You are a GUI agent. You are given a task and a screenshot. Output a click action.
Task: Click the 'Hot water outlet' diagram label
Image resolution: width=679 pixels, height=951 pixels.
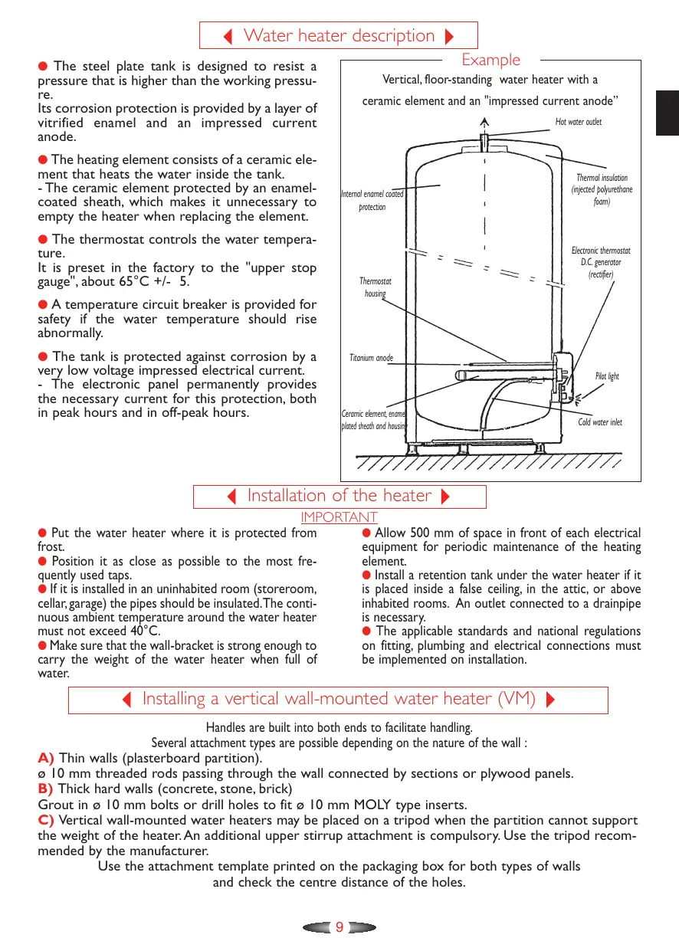click(578, 122)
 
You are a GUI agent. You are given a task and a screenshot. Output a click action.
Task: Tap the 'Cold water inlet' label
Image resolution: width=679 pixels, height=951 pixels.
click(599, 422)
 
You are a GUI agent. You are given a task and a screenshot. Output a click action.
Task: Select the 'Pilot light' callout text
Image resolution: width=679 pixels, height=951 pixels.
click(606, 376)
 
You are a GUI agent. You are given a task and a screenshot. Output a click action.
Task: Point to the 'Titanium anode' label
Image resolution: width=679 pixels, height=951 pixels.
click(371, 358)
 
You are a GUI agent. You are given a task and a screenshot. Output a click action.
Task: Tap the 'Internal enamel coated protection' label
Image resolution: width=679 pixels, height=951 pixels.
click(372, 201)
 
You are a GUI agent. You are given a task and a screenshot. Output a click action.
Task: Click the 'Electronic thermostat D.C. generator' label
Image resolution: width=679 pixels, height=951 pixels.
click(601, 262)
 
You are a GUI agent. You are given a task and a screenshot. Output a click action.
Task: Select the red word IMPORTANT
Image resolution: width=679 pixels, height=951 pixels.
click(339, 517)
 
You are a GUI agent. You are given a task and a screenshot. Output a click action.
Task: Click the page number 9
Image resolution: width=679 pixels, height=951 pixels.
click(339, 927)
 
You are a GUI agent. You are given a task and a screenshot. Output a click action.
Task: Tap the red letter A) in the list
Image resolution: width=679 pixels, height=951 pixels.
click(46, 758)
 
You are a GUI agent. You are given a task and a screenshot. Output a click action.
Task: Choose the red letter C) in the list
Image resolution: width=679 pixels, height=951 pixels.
click(46, 821)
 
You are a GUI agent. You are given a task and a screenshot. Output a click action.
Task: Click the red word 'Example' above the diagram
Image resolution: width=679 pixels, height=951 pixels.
click(490, 60)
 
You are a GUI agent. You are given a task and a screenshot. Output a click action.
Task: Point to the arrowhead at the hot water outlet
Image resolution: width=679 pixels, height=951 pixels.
click(484, 120)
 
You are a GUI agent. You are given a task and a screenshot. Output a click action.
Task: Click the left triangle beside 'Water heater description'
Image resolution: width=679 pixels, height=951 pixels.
click(228, 36)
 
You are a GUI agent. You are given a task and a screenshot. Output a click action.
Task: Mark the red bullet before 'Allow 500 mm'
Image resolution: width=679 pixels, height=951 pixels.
click(366, 533)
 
